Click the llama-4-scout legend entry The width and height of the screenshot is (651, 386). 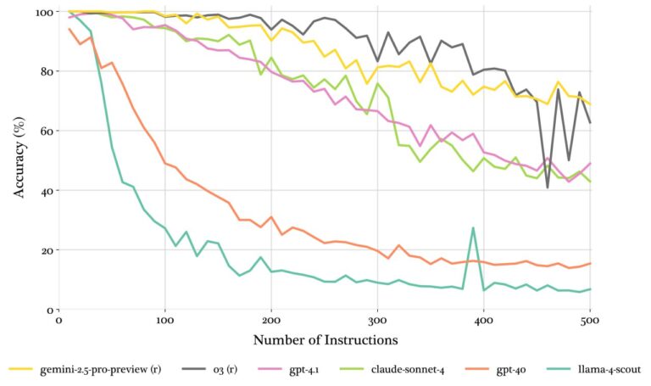pos(613,369)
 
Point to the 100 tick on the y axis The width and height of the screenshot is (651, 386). pos(39,13)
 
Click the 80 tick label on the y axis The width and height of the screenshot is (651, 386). pos(42,72)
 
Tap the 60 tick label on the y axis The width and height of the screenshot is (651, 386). pos(42,131)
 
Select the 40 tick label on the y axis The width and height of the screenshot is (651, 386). pos(42,191)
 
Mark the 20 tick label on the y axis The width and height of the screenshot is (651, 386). pos(42,250)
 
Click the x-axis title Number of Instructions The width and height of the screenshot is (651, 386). pos(324,341)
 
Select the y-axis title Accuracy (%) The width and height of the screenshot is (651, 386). pos(19,161)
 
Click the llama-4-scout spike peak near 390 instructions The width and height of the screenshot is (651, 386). pos(473,228)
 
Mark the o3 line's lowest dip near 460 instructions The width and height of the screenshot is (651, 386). pos(548,187)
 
